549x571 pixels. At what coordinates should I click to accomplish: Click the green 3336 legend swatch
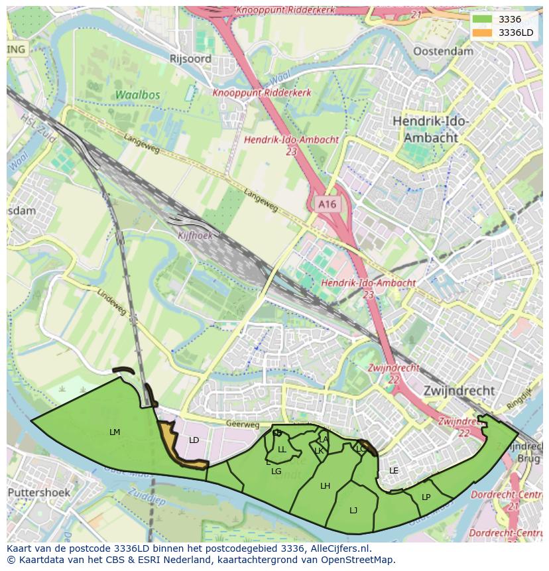click(x=482, y=19)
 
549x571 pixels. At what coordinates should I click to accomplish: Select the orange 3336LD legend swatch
click(x=482, y=32)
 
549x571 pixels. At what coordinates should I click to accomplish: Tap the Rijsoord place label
click(x=190, y=59)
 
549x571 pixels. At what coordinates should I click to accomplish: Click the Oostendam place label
click(x=443, y=52)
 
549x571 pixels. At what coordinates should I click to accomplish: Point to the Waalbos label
click(x=137, y=95)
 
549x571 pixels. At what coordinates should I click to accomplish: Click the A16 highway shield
click(x=327, y=205)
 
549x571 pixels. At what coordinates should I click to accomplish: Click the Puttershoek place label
click(x=38, y=493)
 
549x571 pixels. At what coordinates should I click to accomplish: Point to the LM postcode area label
click(x=115, y=432)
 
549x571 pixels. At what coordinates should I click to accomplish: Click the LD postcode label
click(x=194, y=440)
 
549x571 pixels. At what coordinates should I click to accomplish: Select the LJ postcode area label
click(x=353, y=510)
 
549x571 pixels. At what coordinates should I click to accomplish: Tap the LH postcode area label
click(x=325, y=486)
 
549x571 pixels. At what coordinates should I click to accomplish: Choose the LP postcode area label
click(x=426, y=497)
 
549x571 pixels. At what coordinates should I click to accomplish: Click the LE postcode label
click(x=394, y=471)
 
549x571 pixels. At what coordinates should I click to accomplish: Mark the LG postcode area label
click(x=276, y=472)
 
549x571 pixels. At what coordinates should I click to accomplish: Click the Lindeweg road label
click(x=111, y=302)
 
